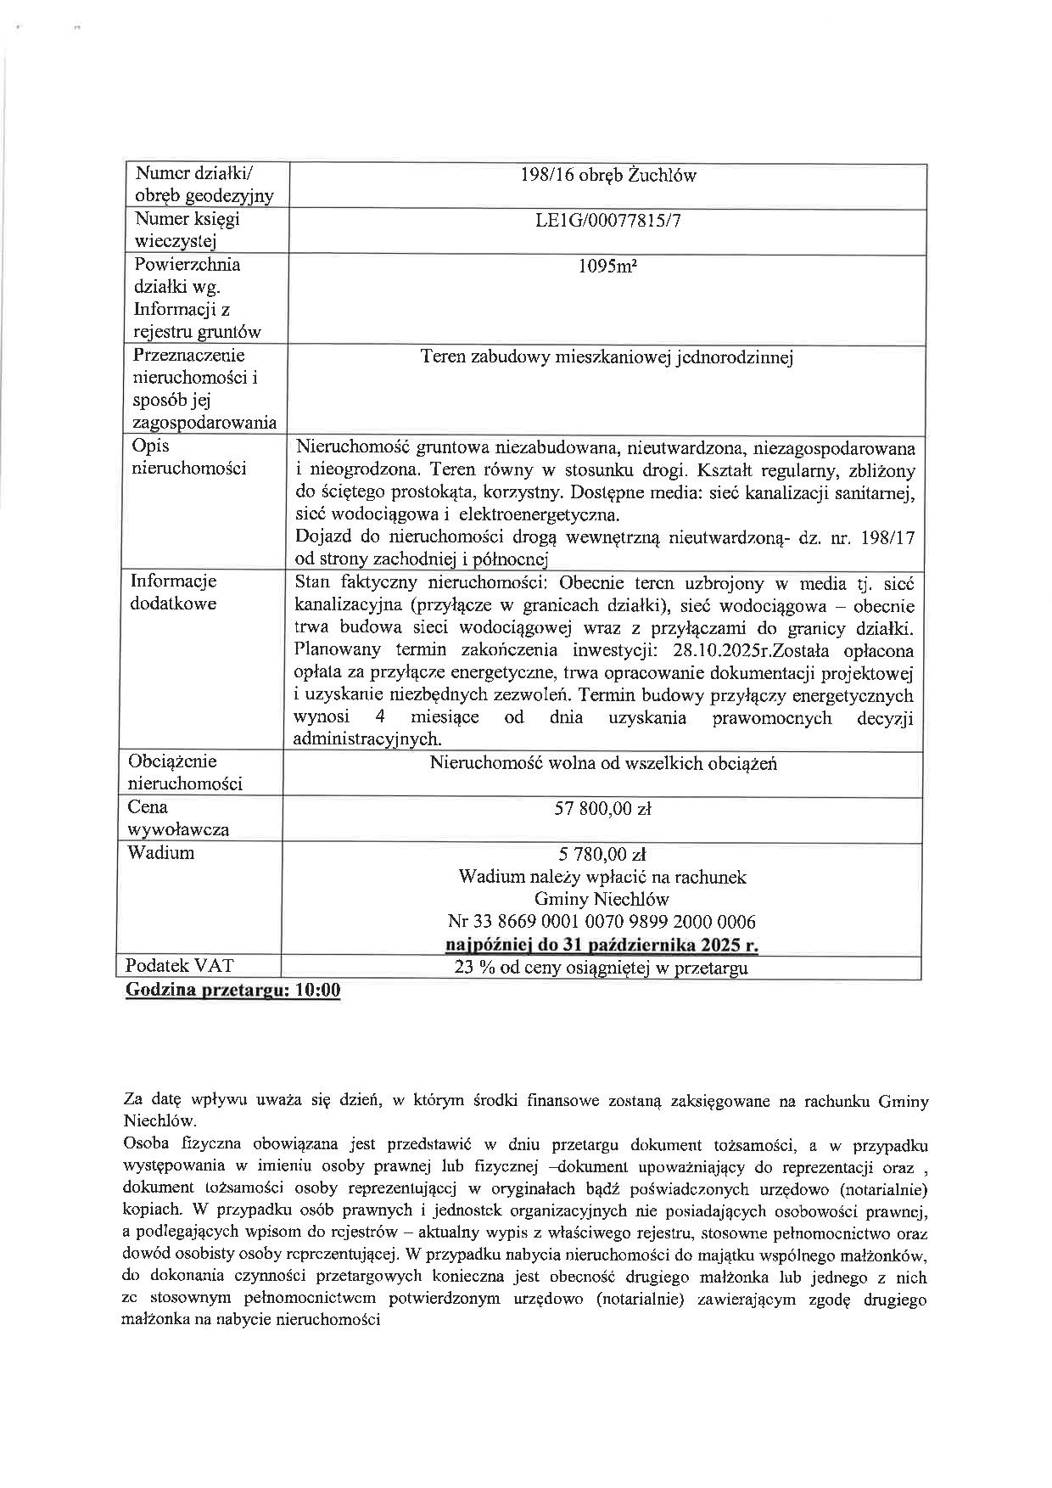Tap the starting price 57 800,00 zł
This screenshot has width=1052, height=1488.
tap(602, 809)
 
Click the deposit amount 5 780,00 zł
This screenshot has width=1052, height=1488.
tap(602, 854)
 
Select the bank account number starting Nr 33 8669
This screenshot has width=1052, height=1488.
tap(602, 922)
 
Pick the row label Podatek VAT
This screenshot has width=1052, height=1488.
tap(179, 966)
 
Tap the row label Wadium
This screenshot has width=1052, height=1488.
tap(160, 852)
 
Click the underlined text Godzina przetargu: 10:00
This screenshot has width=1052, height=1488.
tap(232, 991)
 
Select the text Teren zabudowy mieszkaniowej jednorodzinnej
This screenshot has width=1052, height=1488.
tap(607, 357)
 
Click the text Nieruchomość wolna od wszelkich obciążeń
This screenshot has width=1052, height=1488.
tap(602, 763)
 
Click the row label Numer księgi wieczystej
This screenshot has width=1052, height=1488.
tap(187, 230)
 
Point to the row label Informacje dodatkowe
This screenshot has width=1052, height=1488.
tap(173, 592)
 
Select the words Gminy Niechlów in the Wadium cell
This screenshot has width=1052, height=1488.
tap(602, 899)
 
